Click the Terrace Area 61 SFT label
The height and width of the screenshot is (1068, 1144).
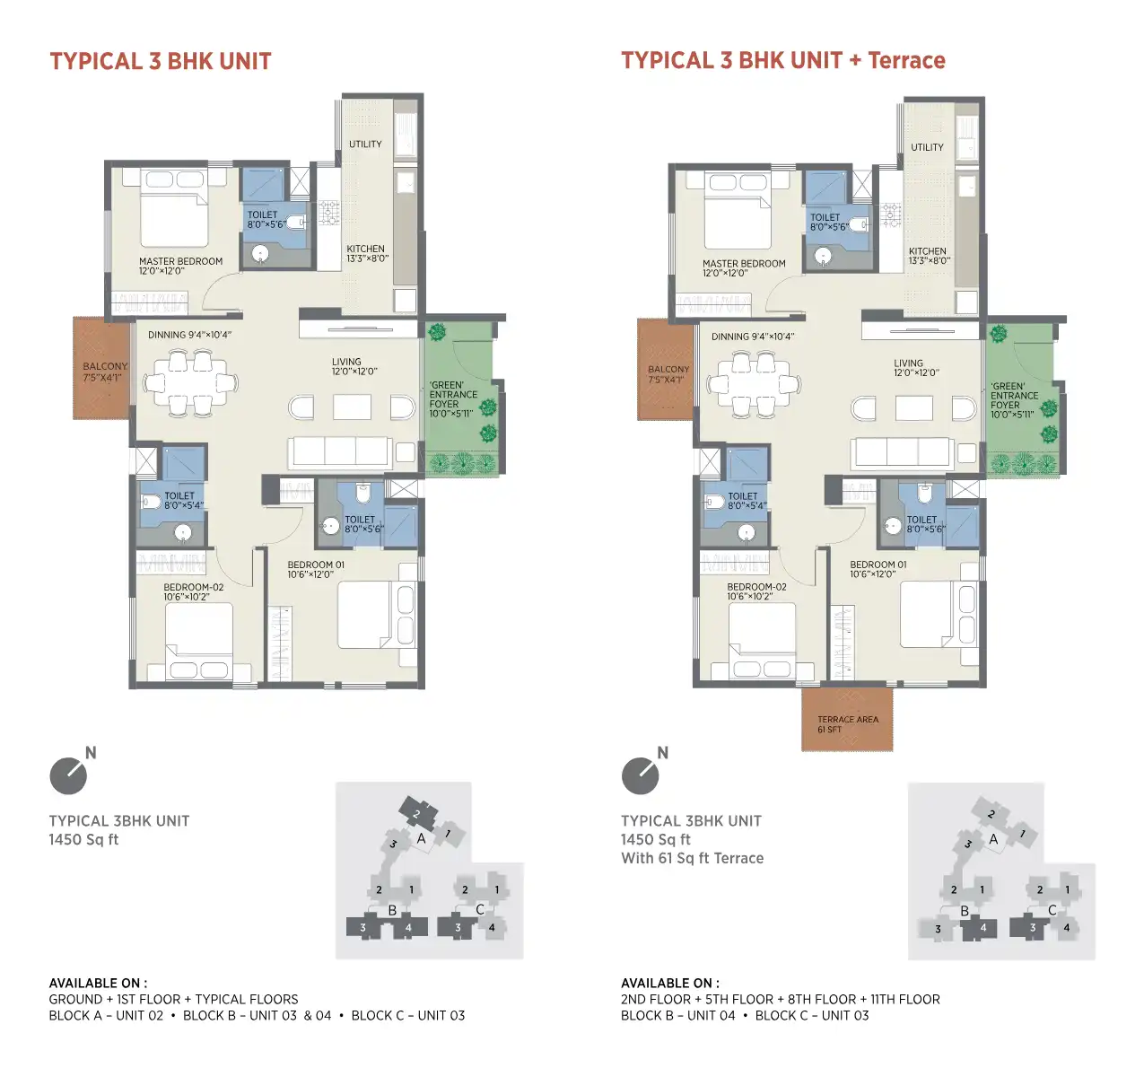coord(847,724)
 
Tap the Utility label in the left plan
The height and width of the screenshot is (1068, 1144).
coord(365,144)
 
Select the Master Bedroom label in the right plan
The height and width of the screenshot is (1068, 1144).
coord(744,267)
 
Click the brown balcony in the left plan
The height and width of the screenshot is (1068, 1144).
coord(102,368)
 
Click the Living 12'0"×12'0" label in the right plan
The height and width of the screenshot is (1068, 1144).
coord(915,367)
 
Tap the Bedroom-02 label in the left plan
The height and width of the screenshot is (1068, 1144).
coord(193,591)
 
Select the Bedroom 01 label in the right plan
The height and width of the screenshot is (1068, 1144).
coord(878,569)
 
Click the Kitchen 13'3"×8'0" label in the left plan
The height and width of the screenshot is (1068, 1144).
coord(367,253)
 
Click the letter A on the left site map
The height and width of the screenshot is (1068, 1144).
coord(421,838)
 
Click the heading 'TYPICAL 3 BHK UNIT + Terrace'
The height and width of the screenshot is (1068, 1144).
coord(782,60)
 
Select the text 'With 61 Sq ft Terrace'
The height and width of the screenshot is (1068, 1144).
coord(692,858)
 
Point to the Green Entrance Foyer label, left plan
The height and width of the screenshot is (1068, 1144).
coord(453,398)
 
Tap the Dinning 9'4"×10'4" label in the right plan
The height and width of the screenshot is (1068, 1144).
coord(752,337)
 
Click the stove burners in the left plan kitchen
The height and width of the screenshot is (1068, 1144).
coord(328,213)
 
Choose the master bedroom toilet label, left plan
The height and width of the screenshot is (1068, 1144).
coord(266,219)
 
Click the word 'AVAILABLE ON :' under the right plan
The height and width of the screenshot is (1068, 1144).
coord(670,983)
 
